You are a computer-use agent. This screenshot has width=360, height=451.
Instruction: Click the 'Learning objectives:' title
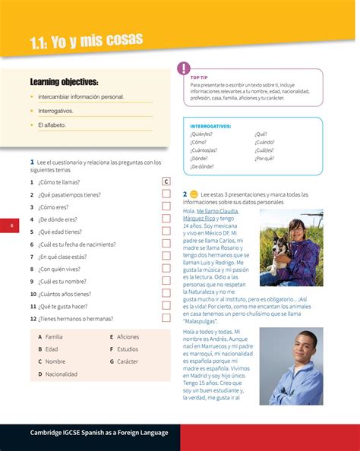tap(64, 81)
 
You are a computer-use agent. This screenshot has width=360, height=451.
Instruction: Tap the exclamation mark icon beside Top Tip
tap(183, 69)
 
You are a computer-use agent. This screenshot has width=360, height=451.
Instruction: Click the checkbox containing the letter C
tap(166, 181)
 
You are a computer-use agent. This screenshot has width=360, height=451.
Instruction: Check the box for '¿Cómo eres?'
tap(166, 207)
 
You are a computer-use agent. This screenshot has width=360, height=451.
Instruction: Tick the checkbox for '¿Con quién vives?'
tap(166, 268)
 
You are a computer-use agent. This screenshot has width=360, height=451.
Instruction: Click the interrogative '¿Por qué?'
tap(264, 158)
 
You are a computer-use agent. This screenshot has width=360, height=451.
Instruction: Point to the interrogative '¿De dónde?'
tap(202, 166)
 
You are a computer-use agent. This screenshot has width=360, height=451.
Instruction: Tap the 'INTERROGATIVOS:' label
tap(210, 125)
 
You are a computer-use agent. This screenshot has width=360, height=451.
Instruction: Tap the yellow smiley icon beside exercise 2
tap(194, 194)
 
